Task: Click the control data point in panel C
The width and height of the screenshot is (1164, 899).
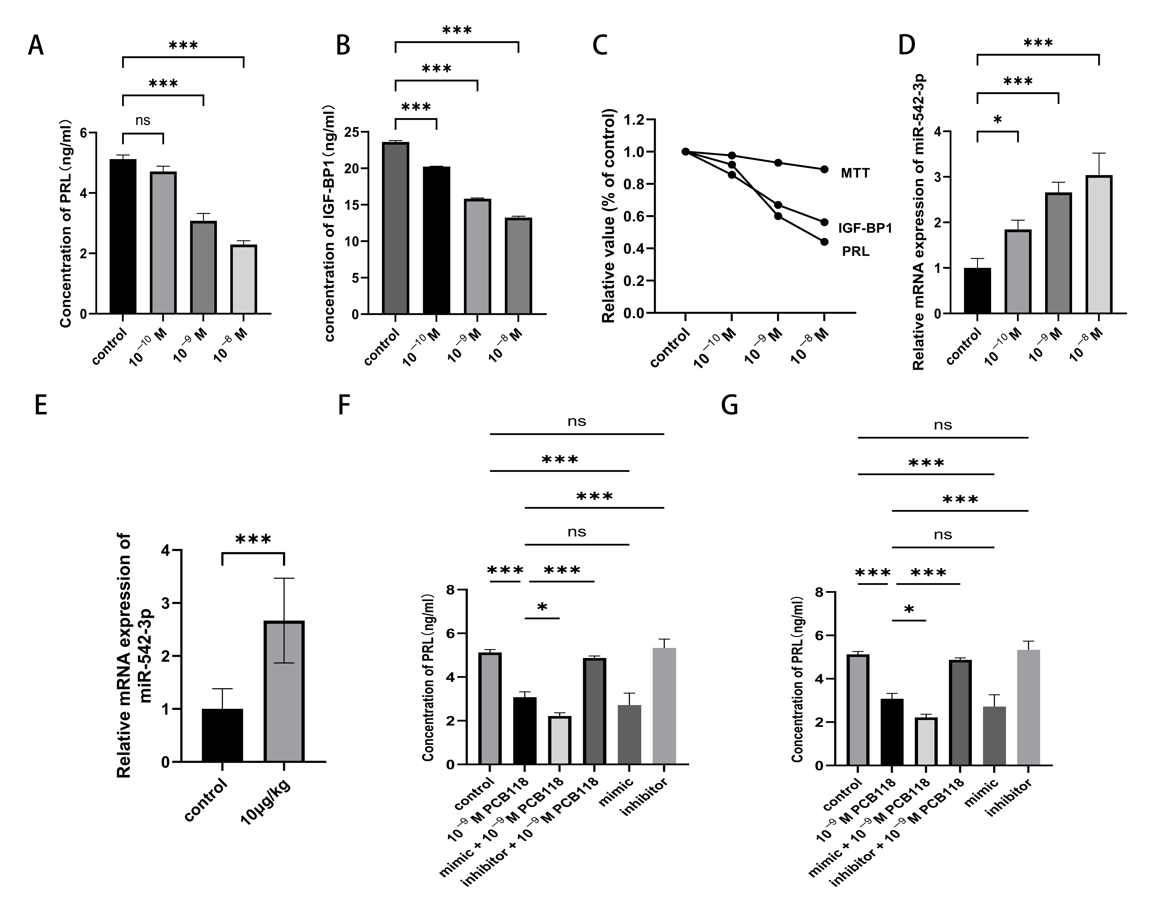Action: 685,151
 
